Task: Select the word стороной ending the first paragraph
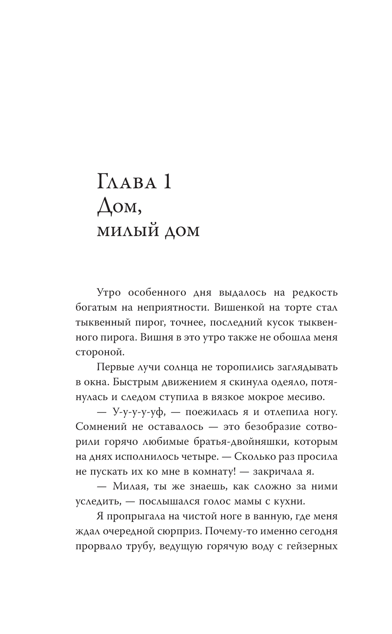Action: point(99,352)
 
